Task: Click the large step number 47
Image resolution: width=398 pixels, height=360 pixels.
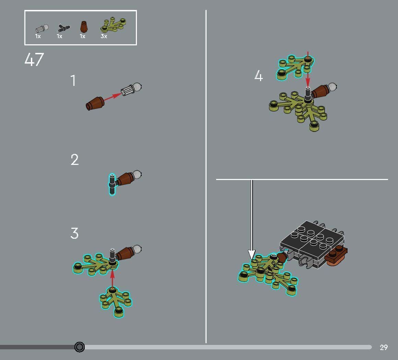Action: pyautogui.click(x=34, y=59)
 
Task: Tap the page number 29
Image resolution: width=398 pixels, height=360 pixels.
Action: pyautogui.click(x=384, y=347)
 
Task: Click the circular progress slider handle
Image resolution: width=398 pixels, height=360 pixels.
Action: pyautogui.click(x=80, y=347)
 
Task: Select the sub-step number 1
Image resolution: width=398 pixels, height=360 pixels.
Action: pyautogui.click(x=73, y=81)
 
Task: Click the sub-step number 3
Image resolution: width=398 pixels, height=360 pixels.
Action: pyautogui.click(x=74, y=234)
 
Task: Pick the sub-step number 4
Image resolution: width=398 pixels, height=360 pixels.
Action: pyautogui.click(x=258, y=76)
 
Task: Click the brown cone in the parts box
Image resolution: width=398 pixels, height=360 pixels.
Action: pyautogui.click(x=83, y=26)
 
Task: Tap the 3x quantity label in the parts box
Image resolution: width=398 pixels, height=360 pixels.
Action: pyautogui.click(x=104, y=36)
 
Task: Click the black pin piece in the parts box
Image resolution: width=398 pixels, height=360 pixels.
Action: pyautogui.click(x=63, y=27)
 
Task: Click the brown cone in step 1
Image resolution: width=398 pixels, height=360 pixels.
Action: pyautogui.click(x=95, y=103)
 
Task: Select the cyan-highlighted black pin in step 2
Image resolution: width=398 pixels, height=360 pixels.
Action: pyautogui.click(x=112, y=184)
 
